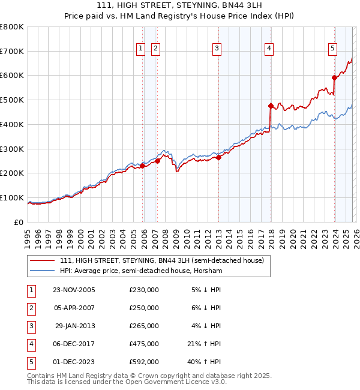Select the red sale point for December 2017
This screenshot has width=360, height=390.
click(271, 106)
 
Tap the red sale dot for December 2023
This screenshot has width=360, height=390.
click(334, 77)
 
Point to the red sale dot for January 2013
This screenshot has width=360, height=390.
click(219, 157)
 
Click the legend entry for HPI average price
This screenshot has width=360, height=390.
click(141, 271)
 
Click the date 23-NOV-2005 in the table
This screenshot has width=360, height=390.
click(74, 290)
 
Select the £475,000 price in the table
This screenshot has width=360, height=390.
click(144, 344)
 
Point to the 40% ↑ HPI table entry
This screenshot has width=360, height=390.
click(206, 362)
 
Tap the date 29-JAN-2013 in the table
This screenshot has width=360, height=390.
click(75, 326)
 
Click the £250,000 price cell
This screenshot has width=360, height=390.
click(144, 308)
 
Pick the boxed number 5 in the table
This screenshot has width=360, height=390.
click(31, 362)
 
